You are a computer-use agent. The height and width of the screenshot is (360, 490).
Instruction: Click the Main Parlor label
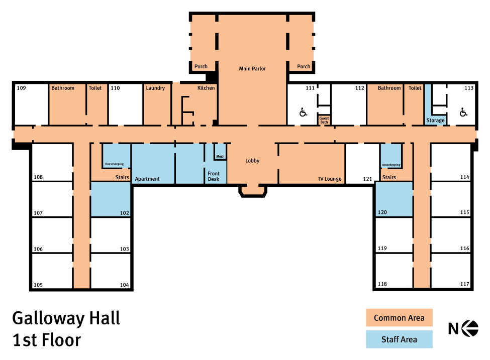pos(252,69)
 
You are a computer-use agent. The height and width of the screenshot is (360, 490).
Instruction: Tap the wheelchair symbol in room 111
pos(303,112)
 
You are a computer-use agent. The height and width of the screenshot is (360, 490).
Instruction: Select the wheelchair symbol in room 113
pos(463,112)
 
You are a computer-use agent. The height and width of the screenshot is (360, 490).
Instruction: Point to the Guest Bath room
pos(324,120)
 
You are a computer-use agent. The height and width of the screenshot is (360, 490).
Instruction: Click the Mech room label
pos(220,157)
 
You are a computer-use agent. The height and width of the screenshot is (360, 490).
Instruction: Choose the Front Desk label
pos(214,176)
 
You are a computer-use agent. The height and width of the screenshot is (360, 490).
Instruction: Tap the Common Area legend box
pos(399,317)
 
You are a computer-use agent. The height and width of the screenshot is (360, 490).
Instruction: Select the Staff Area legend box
pos(399,339)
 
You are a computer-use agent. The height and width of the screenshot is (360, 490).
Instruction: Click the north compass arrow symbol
pos(470,328)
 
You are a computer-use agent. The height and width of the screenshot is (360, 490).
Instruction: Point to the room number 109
pos(21,88)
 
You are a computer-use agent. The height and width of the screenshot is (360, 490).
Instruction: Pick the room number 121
pos(367,179)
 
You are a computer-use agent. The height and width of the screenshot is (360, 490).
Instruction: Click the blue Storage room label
pos(435,120)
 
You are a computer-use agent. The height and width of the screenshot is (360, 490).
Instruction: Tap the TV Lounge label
pos(330,179)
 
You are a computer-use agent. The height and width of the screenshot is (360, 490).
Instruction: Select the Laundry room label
pos(155,88)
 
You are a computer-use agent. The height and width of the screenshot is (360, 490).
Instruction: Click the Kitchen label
pos(206,88)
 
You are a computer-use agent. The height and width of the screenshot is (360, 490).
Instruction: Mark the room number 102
pos(124,213)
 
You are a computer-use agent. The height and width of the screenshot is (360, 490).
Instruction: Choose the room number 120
pos(382,212)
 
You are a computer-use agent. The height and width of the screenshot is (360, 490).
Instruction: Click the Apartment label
pos(147,179)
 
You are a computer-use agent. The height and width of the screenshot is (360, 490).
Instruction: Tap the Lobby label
pos(252,161)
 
